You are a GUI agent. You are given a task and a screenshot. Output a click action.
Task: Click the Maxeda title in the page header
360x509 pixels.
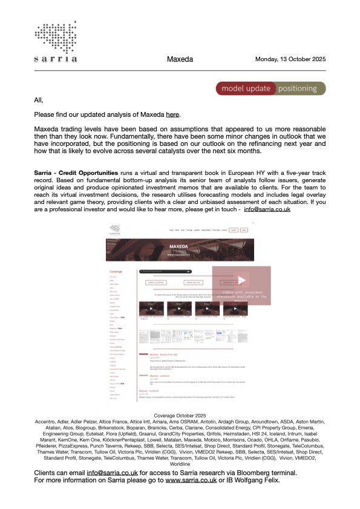click(x=180, y=59)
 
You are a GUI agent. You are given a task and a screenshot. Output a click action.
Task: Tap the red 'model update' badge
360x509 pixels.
click(x=245, y=89)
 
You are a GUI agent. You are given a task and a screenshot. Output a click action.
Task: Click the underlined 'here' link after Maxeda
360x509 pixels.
click(x=173, y=114)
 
